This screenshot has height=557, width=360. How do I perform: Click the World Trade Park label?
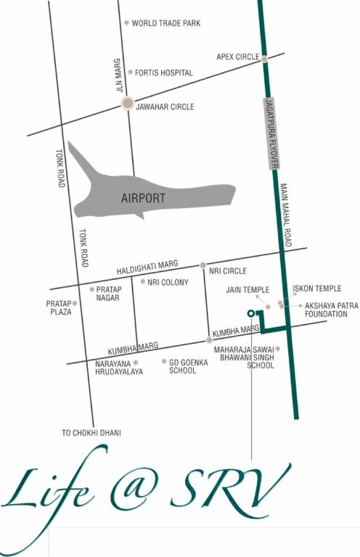165,23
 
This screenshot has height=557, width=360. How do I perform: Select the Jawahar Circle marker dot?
128,103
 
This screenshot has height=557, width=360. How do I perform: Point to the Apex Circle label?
238,56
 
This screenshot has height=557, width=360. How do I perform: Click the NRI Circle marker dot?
203,265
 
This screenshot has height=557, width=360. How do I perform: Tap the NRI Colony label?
168,282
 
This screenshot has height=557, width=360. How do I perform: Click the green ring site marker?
250,313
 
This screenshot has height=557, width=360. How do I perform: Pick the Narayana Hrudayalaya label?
114,366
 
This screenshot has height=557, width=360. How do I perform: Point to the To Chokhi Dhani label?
91,433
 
